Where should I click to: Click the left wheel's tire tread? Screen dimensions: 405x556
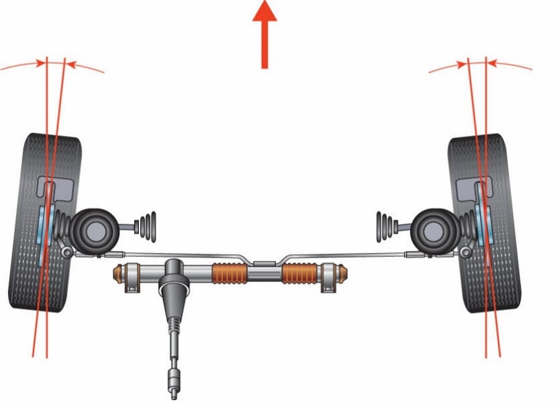click(25, 247)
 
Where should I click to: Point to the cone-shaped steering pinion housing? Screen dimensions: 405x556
click(173, 291)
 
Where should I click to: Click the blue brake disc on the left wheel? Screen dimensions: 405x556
click(42, 235)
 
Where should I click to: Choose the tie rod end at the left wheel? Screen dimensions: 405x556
click(67, 250)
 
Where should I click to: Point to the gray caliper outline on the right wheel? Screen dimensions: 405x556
click(474, 185)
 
